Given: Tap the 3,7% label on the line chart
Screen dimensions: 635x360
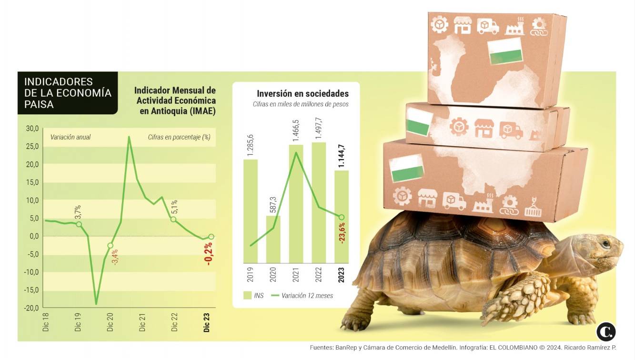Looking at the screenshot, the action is [78, 212].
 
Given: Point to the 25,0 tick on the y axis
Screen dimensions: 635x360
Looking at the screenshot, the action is [32, 147].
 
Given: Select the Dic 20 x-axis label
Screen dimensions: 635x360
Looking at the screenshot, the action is [110, 322].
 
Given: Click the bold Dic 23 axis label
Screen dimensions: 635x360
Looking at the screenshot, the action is [206, 322].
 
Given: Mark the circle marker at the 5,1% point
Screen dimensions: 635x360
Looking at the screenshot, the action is [173, 219].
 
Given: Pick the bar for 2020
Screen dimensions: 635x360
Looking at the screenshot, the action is [273, 240].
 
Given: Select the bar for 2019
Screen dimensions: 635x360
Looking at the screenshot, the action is [250, 211].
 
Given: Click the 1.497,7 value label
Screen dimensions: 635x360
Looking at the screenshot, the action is [319, 128].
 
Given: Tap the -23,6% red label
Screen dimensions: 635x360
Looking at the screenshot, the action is [342, 233].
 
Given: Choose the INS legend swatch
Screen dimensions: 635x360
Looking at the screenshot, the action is [248, 295].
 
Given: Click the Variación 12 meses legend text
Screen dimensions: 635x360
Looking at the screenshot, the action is [307, 296].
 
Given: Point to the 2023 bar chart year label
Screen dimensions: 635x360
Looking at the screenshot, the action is [341, 275].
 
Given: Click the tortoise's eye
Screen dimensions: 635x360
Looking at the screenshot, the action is [605, 244].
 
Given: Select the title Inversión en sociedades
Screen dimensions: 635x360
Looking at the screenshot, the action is [303, 93].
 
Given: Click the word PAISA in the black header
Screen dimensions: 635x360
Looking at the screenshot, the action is [39, 104].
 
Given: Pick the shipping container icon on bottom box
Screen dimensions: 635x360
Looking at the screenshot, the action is [533, 208].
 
